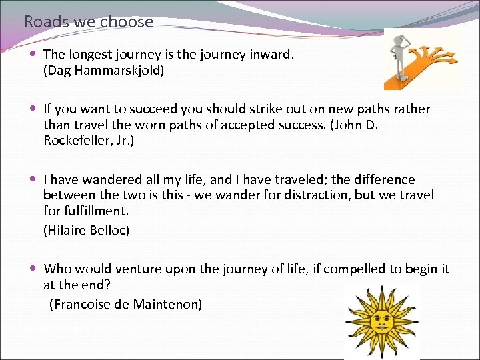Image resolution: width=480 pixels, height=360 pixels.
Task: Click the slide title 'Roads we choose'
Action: point(89,21)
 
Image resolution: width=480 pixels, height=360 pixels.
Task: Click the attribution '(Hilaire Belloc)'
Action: point(86,230)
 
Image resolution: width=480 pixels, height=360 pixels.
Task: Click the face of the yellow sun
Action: point(381,322)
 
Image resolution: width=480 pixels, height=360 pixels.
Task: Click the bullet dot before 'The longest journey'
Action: point(33,54)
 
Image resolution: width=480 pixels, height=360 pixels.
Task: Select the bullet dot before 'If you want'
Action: point(33,109)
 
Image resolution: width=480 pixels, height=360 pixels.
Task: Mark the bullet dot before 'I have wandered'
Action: point(33,179)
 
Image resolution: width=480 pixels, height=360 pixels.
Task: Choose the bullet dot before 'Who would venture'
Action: point(33,269)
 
